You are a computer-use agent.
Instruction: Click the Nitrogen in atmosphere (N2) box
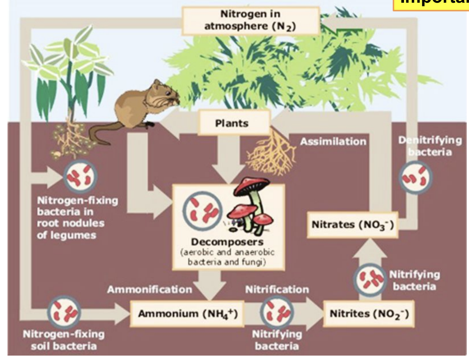coord(251,21)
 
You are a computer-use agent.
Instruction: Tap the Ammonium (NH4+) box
coord(185,314)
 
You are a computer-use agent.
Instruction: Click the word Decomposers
coord(227,242)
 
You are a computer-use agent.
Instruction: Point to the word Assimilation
coord(333,142)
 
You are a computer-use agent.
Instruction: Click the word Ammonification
coord(149,290)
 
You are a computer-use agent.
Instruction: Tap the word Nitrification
coord(277,290)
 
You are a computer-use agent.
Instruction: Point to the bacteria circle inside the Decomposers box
coord(203,210)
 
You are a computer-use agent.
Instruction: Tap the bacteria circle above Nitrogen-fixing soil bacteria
coord(64,312)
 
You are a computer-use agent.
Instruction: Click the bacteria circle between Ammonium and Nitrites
coord(277,312)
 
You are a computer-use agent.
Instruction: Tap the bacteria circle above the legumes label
coord(80,176)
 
